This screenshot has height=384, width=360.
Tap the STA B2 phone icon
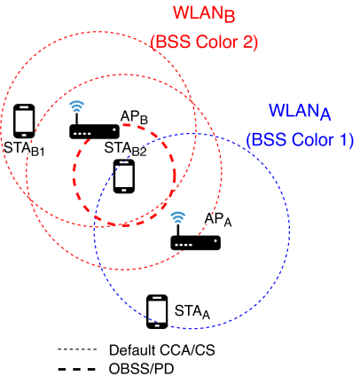click(125, 176)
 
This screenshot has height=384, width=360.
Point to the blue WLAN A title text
click(301, 114)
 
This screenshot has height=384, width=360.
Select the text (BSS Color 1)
click(301, 139)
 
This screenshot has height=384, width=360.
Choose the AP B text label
click(133, 117)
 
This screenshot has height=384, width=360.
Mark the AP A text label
click(218, 217)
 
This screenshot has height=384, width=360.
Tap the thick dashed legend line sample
click(76, 368)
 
